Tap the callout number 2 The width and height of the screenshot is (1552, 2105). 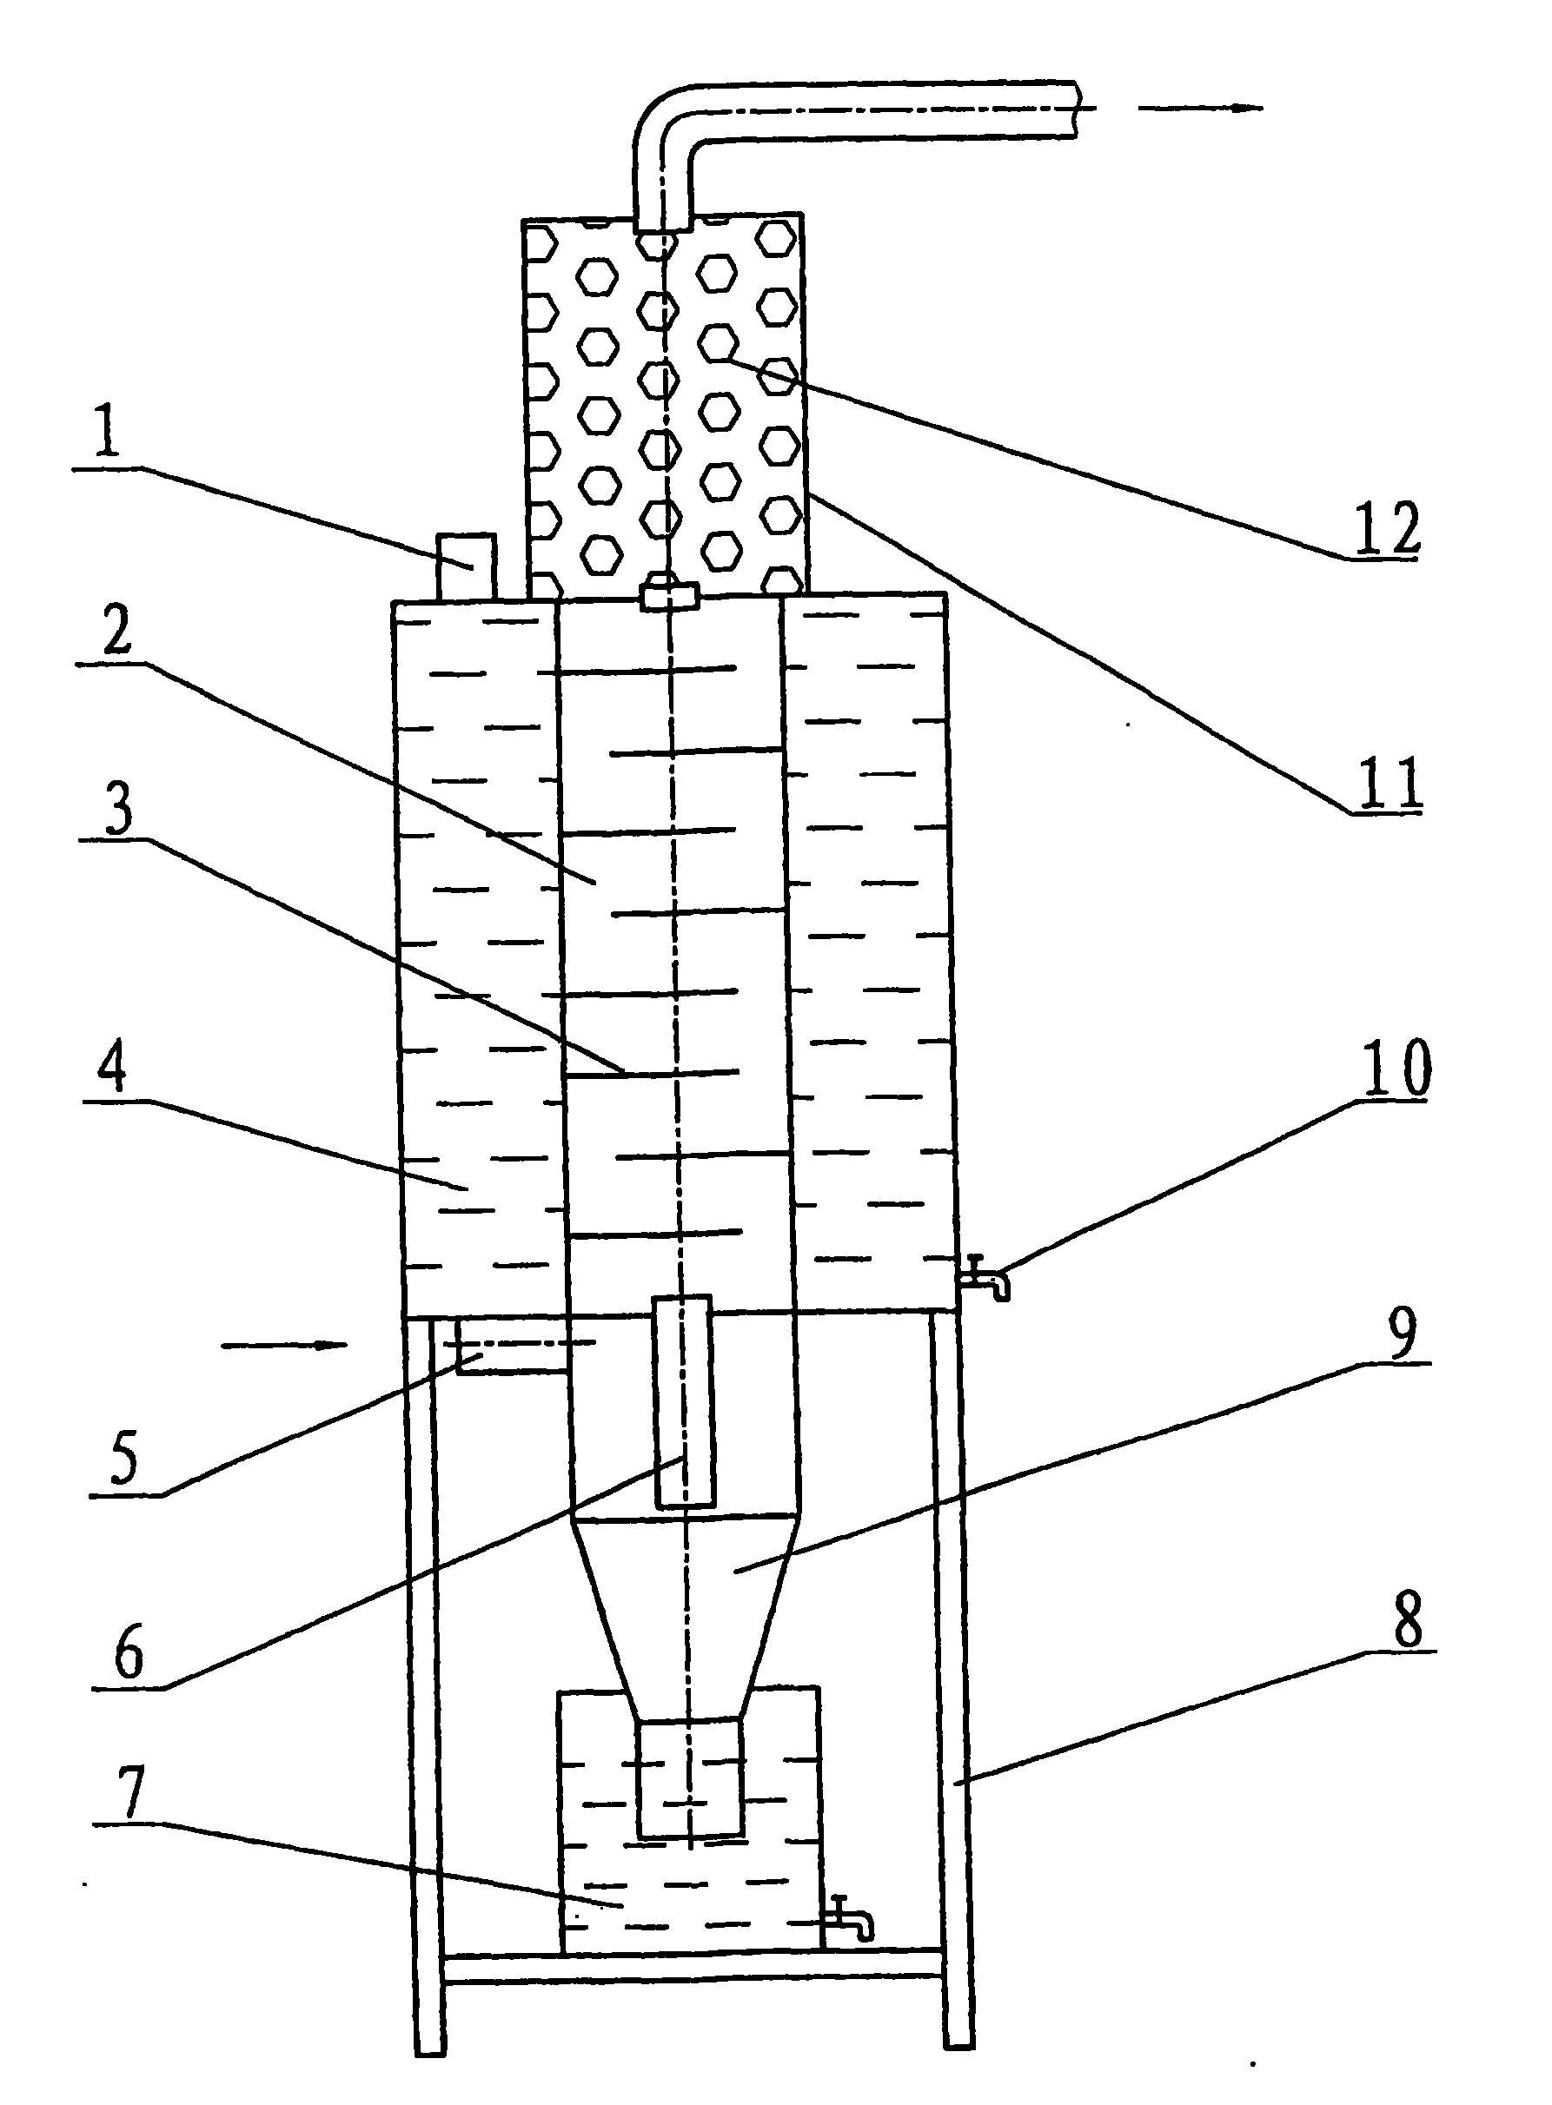pos(117,630)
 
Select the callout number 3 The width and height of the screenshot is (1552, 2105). pos(118,807)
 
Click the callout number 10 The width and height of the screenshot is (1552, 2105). pos(1397,1068)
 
